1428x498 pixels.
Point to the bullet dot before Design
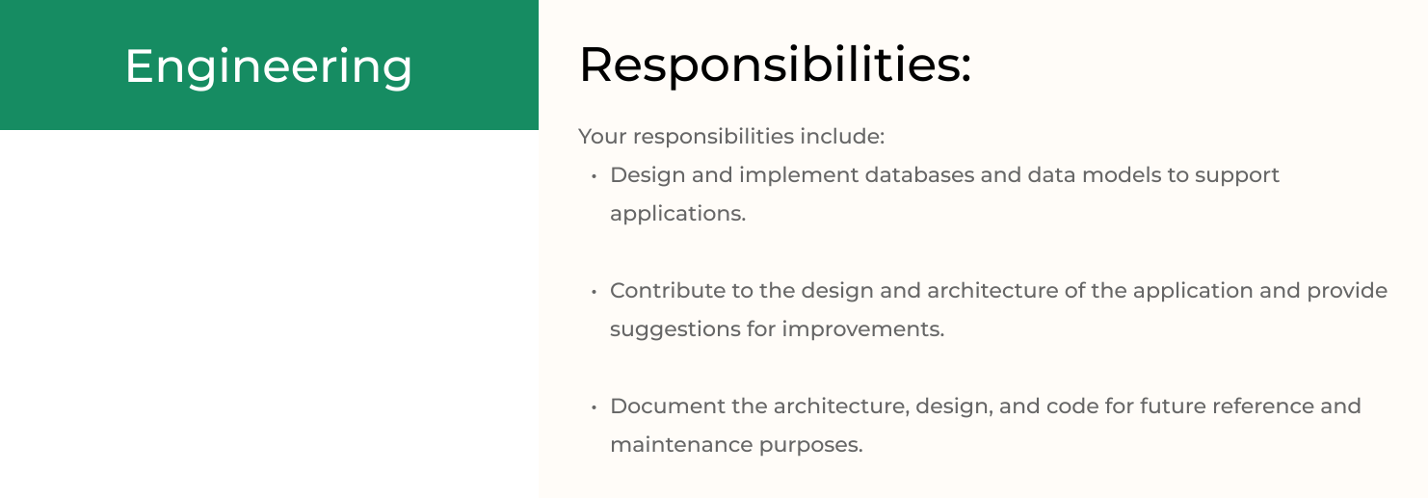(594, 176)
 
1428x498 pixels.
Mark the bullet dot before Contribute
(594, 292)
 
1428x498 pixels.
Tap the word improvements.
(863, 329)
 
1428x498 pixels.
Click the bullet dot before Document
(594, 406)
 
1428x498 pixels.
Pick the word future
(1169, 406)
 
